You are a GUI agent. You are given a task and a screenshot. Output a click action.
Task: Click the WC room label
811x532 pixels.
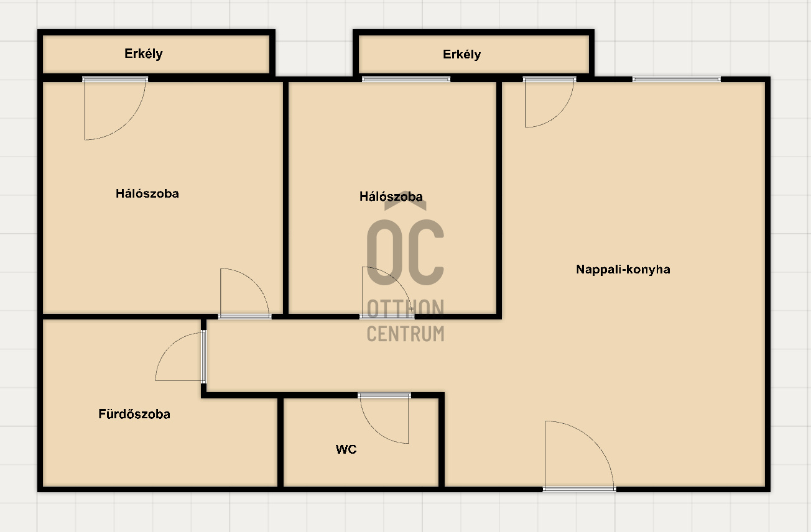point(346,449)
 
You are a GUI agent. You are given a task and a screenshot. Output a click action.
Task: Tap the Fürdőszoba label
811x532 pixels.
point(134,414)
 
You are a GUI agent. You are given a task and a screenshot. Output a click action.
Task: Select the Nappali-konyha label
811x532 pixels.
point(623,270)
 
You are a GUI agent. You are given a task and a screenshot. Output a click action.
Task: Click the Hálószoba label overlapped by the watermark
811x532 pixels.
point(391,196)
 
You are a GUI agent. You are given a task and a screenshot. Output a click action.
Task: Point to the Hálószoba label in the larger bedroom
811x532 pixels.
point(147,194)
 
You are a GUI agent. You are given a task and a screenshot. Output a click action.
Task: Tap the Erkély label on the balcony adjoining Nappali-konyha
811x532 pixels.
point(462,55)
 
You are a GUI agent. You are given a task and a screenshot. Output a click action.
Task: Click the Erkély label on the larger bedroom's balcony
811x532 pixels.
point(144,54)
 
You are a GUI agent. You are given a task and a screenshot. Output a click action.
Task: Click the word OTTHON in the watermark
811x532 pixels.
point(405,309)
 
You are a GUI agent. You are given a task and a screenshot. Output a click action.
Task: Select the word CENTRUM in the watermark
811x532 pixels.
point(405,334)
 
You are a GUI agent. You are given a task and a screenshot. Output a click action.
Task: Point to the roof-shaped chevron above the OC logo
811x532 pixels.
point(405,201)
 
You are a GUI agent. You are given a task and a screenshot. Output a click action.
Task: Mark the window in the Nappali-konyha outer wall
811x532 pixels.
point(677,80)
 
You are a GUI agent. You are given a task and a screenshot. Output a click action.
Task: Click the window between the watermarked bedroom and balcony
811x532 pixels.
point(406,80)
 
